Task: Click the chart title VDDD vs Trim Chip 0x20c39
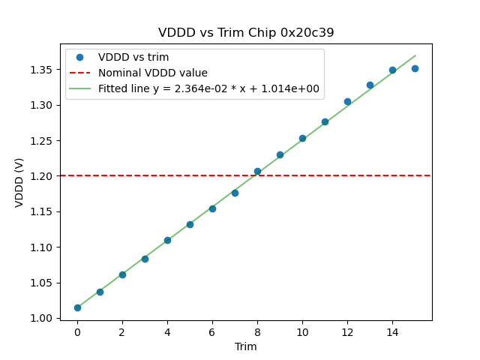tap(246, 33)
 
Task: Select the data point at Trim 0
tap(77, 307)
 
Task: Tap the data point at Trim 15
tap(415, 68)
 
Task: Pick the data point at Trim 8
tap(257, 171)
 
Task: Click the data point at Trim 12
tap(347, 101)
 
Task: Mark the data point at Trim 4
tap(167, 240)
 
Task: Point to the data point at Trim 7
tap(235, 193)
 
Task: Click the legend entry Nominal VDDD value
tap(153, 73)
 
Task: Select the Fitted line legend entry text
tap(208, 88)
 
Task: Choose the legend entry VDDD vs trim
tap(133, 57)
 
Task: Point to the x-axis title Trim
tap(246, 346)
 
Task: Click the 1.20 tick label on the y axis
tap(43, 176)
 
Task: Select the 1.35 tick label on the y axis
tap(43, 70)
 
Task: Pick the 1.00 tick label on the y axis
tap(43, 318)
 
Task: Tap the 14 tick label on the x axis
tap(392, 332)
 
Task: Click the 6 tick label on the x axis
tap(212, 332)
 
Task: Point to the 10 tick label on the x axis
tap(302, 332)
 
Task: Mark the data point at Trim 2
tap(122, 274)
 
